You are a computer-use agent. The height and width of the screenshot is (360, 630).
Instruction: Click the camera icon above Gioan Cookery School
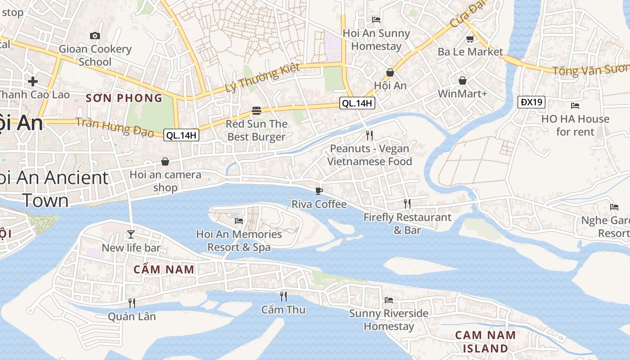tap(95, 36)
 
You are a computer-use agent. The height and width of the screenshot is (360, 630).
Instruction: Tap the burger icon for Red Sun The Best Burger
tap(256, 110)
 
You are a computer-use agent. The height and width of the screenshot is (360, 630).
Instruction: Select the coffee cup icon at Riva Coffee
tap(319, 191)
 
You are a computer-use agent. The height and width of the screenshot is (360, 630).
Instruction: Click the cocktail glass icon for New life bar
tap(131, 234)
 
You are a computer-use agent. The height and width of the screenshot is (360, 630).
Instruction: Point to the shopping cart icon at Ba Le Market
tap(470, 39)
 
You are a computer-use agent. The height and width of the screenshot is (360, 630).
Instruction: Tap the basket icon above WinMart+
tap(463, 81)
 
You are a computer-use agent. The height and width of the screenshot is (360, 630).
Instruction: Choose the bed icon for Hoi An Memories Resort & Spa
tap(239, 220)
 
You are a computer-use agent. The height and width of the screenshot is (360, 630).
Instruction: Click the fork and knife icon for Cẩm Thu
tap(283, 296)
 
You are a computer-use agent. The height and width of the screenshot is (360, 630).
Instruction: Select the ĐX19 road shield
tap(531, 102)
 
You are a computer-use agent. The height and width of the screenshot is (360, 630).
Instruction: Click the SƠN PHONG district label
tap(124, 98)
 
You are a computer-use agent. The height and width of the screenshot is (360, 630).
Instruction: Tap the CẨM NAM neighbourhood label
tap(164, 270)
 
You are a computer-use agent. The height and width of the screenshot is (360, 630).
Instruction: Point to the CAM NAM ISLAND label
tap(485, 342)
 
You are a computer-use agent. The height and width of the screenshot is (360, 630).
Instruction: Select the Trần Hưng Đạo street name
tap(115, 126)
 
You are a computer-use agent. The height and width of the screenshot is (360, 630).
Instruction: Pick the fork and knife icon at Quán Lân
tap(132, 303)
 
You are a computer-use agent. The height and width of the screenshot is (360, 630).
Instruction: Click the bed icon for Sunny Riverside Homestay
tap(389, 300)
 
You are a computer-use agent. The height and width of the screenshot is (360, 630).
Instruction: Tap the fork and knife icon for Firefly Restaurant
tap(407, 204)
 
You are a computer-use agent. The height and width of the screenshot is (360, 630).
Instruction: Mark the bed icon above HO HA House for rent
tap(575, 106)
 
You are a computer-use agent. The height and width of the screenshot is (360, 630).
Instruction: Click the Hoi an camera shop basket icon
tap(165, 161)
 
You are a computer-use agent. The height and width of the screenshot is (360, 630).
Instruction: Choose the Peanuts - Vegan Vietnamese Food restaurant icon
tap(369, 135)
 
